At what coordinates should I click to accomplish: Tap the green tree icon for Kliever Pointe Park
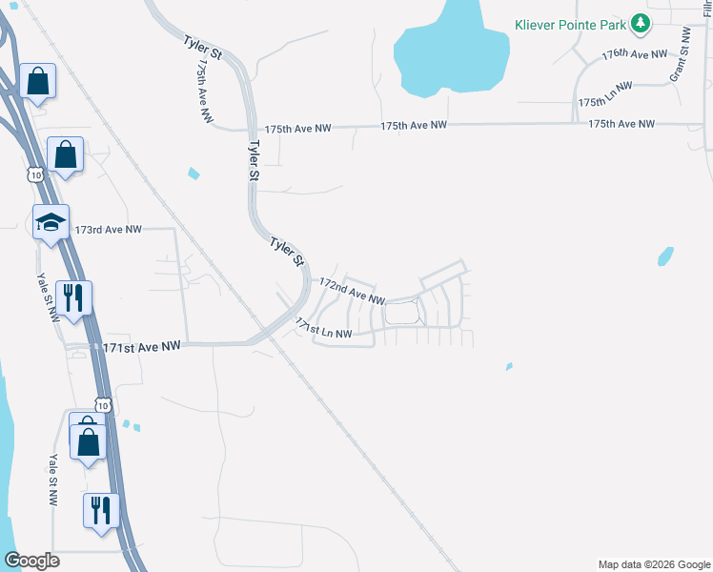(642, 23)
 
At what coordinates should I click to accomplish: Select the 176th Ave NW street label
(635, 54)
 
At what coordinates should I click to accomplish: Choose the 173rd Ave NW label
(108, 230)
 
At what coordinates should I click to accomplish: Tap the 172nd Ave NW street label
(352, 291)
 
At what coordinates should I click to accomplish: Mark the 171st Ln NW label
(324, 328)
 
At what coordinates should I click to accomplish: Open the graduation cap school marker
(51, 223)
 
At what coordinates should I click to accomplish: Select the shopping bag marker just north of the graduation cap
(65, 154)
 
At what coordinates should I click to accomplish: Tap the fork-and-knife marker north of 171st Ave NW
(72, 298)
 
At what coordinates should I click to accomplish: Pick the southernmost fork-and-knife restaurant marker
(99, 510)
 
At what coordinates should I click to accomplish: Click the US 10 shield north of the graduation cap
(35, 175)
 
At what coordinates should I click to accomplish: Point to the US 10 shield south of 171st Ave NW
(103, 404)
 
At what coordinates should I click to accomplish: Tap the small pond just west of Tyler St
(194, 174)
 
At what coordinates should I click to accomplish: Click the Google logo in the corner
(31, 561)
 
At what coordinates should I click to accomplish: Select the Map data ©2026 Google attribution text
(654, 564)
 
